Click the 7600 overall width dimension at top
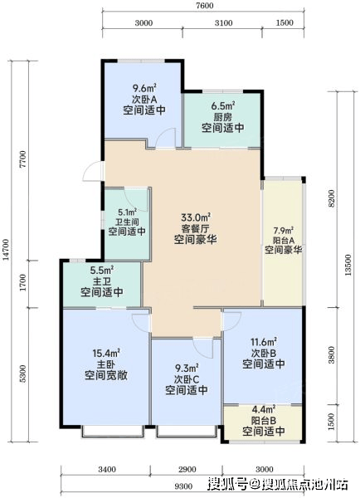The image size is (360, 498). coord(205,6)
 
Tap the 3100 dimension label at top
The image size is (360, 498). coord(224,23)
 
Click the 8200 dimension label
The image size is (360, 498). coord(332,198)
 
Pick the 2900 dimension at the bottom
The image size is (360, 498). coord(187,469)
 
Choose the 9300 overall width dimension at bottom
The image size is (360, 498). coord(183,486)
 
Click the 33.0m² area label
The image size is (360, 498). coord(196,217)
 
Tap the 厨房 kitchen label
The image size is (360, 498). coord(222,117)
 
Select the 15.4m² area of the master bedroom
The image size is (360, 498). coord(106,352)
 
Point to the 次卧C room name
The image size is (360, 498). coord(187,379)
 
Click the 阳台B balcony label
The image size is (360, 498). coord(264,421)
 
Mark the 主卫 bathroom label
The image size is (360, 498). coord(101,281)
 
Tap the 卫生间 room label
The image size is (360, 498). coord(127,222)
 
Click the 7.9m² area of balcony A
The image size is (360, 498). coord(283,230)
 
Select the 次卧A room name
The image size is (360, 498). coord(144,99)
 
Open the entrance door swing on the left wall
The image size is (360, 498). coord(93,172)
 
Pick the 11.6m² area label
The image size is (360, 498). coord(264,342)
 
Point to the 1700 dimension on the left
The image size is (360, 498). coord(22,283)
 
